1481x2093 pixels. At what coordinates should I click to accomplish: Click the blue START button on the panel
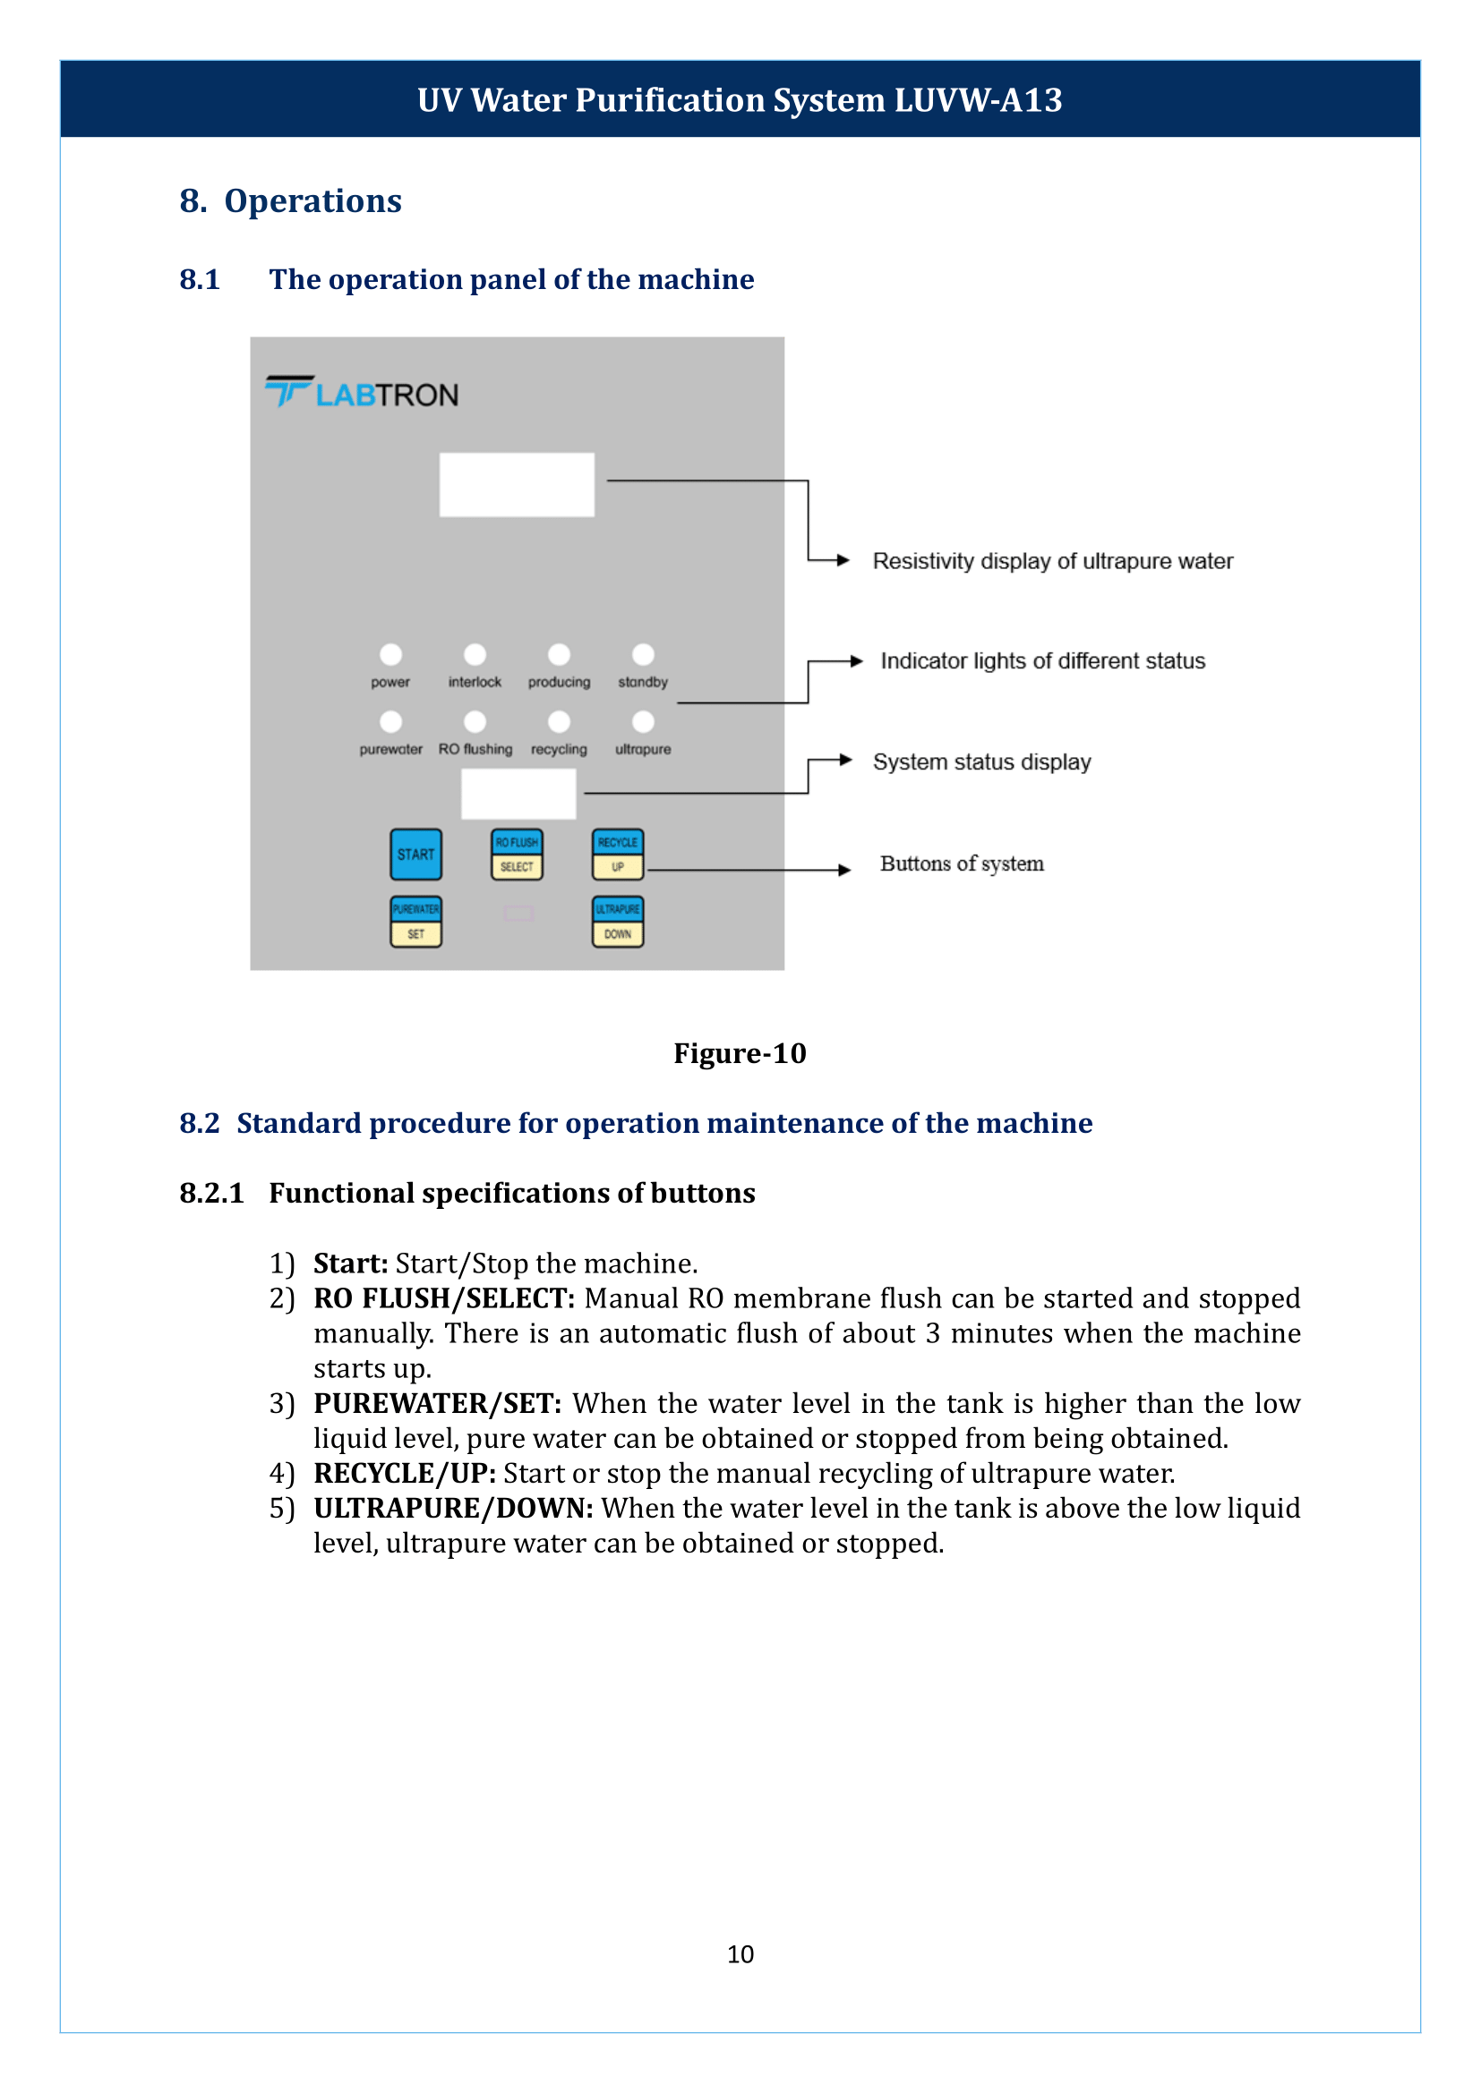[x=415, y=855]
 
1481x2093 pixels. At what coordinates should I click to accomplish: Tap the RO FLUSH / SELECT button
[x=516, y=855]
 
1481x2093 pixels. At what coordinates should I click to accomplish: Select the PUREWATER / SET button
[x=415, y=922]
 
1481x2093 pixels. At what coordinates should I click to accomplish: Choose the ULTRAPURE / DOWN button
[x=618, y=922]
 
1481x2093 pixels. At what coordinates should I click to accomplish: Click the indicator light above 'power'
[x=390, y=654]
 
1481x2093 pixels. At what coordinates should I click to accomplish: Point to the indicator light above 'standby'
[x=643, y=654]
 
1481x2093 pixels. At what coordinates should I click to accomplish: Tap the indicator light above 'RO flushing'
[x=475, y=722]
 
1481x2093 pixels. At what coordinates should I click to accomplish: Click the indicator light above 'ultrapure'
[x=643, y=722]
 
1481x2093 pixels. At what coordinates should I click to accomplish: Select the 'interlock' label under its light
[x=475, y=682]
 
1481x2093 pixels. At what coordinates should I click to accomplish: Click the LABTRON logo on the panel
[x=362, y=393]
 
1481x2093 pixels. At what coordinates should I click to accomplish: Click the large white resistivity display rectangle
[x=516, y=485]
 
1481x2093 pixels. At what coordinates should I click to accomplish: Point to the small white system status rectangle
[x=518, y=793]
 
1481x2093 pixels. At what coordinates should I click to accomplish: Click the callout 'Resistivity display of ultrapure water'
[x=1052, y=562]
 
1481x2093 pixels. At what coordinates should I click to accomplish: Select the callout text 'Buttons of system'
[x=961, y=864]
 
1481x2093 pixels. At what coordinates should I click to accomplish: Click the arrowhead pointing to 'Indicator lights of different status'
[x=855, y=661]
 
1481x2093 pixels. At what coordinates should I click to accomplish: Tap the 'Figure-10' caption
[x=740, y=1053]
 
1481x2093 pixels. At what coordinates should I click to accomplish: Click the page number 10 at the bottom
[x=740, y=1953]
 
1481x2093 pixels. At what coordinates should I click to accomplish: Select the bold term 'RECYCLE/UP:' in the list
[x=404, y=1473]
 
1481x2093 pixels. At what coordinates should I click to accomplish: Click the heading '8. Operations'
[x=290, y=201]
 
